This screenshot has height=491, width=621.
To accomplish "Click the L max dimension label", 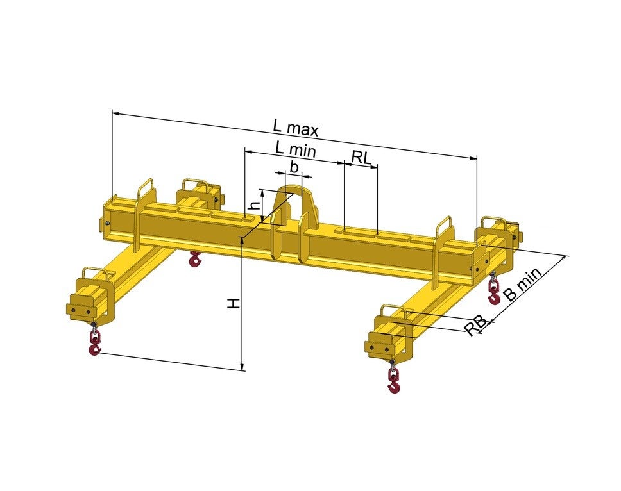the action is pyautogui.click(x=296, y=128).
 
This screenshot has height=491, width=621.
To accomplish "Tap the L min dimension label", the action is pyautogui.click(x=296, y=149).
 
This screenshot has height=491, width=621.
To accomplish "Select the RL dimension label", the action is pyautogui.click(x=362, y=158).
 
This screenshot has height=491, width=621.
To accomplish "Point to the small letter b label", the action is pyautogui.click(x=294, y=167).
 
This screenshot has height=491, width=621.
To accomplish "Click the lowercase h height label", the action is pyautogui.click(x=256, y=205).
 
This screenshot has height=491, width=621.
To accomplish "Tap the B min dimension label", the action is pyautogui.click(x=522, y=284).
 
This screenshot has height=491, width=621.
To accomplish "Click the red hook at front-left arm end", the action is pyautogui.click(x=95, y=341).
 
